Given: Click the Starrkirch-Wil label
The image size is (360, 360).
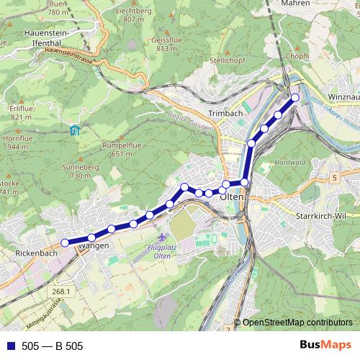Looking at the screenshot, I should coord(321,216).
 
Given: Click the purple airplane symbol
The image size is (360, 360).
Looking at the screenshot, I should coord(163,236).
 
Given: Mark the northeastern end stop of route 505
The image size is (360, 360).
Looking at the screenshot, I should coord(294,97).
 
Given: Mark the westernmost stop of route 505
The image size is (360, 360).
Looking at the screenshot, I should coord(64,243).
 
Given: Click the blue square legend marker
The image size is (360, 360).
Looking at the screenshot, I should coord(10,346).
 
